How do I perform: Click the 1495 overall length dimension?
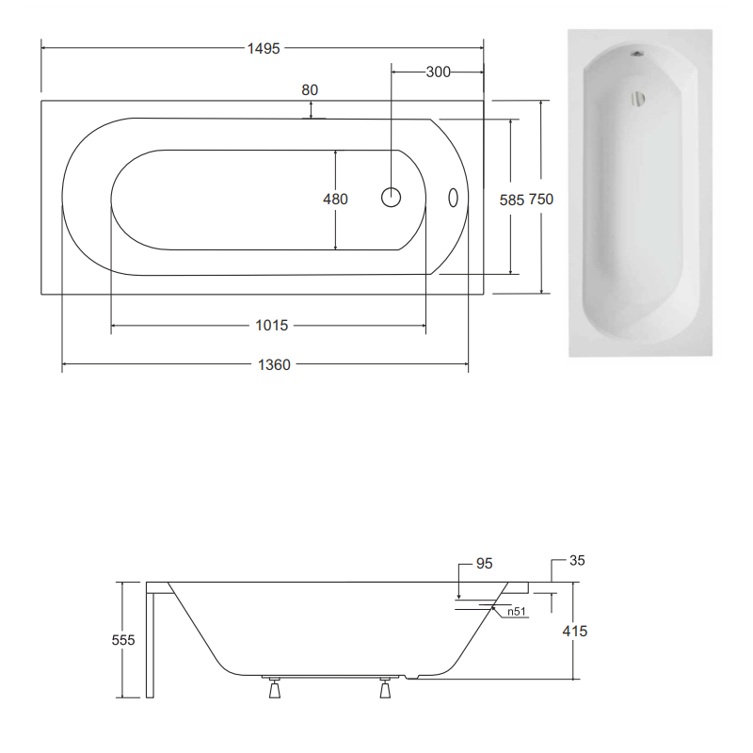(264, 49)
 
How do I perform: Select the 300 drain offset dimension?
(438, 72)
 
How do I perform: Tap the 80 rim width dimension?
(310, 90)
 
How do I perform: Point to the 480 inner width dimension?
(335, 199)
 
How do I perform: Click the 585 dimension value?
(510, 199)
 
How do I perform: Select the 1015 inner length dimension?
(271, 326)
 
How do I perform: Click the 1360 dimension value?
(273, 364)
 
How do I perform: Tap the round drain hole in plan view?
(392, 198)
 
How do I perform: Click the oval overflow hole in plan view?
(453, 198)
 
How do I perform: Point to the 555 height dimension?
(122, 640)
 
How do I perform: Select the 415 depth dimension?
(574, 631)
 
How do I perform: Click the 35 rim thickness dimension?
(577, 561)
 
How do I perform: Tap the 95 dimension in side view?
(484, 564)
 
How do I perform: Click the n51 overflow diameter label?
(515, 612)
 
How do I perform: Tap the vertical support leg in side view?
(150, 640)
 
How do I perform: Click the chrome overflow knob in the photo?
(638, 98)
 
